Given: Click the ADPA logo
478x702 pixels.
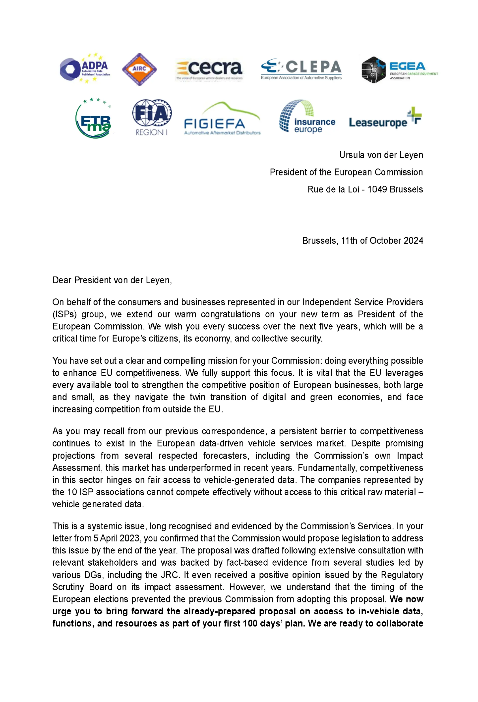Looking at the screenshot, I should [85, 69].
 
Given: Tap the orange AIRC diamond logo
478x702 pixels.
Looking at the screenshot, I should [139, 69].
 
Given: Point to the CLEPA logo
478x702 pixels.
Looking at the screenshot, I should [301, 69].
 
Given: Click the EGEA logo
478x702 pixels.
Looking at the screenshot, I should [399, 70].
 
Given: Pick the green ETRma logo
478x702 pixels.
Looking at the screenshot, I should [94, 119].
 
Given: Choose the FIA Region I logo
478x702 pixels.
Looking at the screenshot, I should [152, 117].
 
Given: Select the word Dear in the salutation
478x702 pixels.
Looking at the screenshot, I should [62, 280].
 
